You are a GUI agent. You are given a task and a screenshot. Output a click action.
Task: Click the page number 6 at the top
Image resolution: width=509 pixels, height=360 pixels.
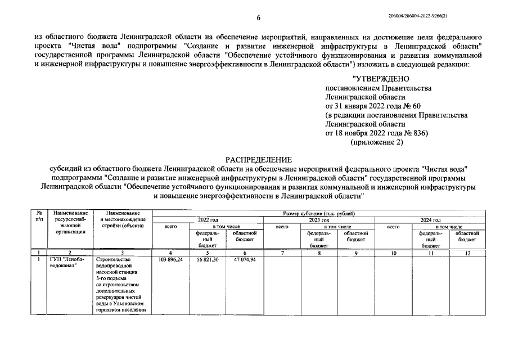pos(258,18)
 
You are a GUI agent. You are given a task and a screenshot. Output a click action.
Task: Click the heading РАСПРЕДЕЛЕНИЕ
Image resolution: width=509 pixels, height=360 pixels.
pos(259,160)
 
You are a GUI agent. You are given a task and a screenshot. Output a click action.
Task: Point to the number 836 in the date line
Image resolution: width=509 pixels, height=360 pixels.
pos(416,133)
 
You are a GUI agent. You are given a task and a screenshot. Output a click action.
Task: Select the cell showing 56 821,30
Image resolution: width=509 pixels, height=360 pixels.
pos(208,260)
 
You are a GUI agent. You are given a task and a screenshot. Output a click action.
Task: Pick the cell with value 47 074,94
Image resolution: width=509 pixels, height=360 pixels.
pos(245,260)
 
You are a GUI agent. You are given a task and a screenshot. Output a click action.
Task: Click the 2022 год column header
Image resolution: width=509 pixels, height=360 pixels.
pos(208,220)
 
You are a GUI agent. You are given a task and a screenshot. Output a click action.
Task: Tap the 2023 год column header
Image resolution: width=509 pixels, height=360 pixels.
pos(319,220)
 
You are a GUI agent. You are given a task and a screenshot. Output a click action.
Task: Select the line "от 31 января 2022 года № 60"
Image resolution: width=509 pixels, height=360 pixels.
pos(372,106)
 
